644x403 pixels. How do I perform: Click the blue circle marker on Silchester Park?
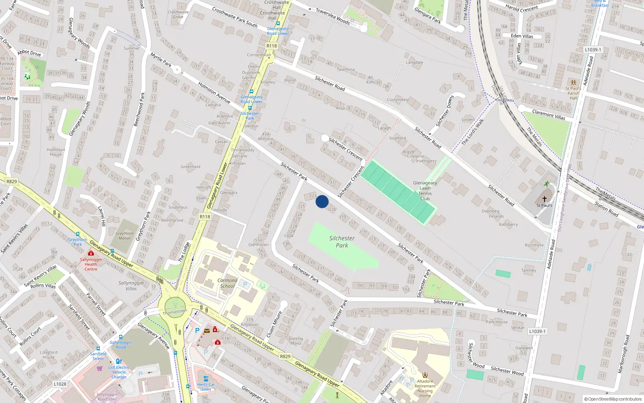(322, 201)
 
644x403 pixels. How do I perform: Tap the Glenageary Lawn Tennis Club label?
(425, 191)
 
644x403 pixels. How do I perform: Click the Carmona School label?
(227, 283)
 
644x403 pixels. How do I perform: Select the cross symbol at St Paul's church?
(545, 199)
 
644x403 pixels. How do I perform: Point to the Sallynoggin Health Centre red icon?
(91, 253)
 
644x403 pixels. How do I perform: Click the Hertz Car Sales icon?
(206, 379)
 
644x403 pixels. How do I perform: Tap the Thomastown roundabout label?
(175, 312)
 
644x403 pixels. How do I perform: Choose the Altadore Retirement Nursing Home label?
(425, 388)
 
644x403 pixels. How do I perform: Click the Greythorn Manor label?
(124, 236)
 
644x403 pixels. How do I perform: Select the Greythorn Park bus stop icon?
(78, 234)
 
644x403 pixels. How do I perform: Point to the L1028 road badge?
(60, 384)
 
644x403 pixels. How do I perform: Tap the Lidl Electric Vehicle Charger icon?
(119, 361)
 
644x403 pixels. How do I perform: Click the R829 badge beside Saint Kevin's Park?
(12, 181)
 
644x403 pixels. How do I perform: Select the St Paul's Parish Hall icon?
(574, 83)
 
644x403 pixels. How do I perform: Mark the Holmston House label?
(56, 152)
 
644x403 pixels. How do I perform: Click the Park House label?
(497, 322)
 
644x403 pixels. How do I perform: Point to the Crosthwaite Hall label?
(277, 5)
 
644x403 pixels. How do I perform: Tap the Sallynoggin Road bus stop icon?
(120, 337)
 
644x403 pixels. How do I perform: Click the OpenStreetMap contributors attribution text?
(613, 399)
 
